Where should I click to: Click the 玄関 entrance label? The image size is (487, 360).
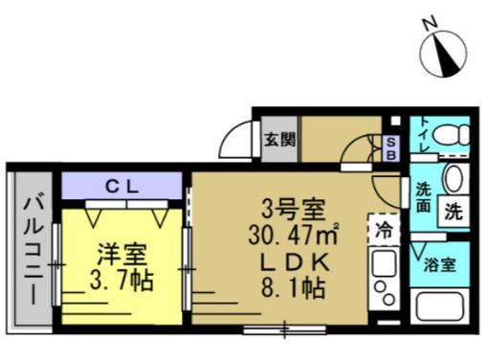[x=280, y=140]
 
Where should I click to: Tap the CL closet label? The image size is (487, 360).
[x=122, y=188]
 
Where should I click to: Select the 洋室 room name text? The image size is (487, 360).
[x=122, y=255]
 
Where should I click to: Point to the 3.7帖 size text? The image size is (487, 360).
[x=122, y=281]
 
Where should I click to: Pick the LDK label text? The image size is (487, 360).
[x=294, y=263]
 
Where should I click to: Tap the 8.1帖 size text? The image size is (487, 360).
[x=294, y=288]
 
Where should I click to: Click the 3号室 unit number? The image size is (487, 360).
[x=293, y=209]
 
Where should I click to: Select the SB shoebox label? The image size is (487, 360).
[x=391, y=149]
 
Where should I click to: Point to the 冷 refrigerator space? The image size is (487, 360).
[x=384, y=229]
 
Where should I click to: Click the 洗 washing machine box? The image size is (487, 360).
[x=454, y=212]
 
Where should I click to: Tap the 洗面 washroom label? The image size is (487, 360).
[x=423, y=198]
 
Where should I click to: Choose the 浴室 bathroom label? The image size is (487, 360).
[x=439, y=264]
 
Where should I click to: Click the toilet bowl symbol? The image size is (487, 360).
[x=452, y=134]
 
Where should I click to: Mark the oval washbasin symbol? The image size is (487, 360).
[x=454, y=179]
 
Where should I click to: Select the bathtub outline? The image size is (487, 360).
[x=439, y=306]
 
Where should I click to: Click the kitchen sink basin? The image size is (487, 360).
[x=384, y=263]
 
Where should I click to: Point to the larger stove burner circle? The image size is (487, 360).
[x=388, y=299]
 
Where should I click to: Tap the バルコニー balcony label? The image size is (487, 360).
[x=33, y=251]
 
